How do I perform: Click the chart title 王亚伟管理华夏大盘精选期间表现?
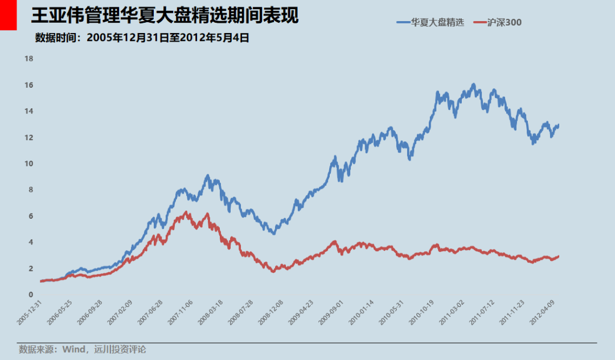click(165, 16)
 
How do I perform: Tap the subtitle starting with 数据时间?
click(142, 38)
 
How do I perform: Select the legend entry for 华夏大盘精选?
click(430, 22)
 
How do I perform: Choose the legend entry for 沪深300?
click(498, 22)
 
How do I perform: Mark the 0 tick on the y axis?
click(31, 294)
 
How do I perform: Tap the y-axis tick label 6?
click(31, 216)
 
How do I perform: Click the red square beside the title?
click(8, 15)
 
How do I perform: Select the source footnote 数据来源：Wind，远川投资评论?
click(82, 349)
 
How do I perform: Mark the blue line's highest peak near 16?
click(473, 85)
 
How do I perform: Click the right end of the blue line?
click(558, 125)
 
